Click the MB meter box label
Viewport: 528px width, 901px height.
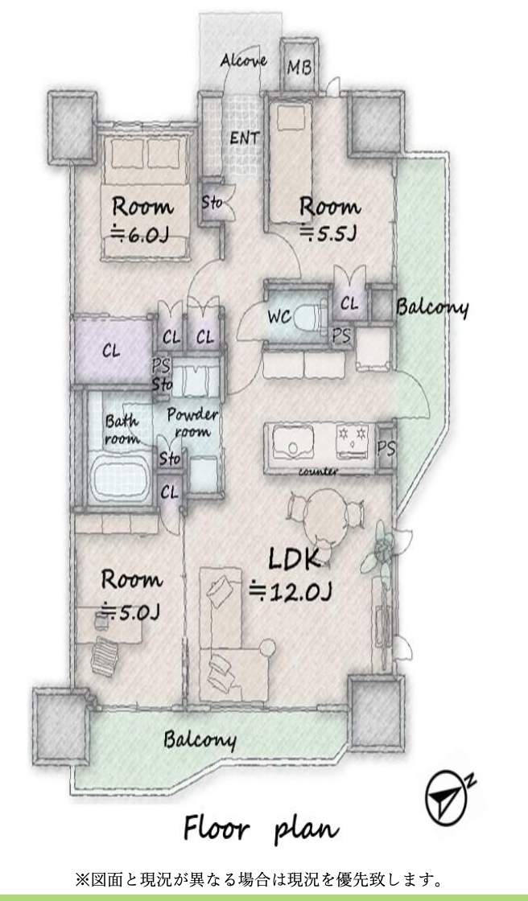click(299, 68)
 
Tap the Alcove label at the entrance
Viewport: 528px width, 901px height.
click(243, 60)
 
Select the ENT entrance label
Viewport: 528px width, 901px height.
click(245, 138)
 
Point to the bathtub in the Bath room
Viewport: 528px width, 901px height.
click(122, 475)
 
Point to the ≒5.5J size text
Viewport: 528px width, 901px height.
click(328, 233)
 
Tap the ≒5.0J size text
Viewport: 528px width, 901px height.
click(130, 611)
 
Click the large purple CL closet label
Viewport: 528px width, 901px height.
click(112, 351)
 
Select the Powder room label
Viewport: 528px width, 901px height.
click(192, 422)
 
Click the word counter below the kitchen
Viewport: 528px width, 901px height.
click(318, 471)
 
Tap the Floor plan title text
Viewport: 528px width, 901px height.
click(261, 830)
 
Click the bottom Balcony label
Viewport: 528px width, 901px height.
click(200, 740)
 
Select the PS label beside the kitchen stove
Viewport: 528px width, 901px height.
click(386, 448)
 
